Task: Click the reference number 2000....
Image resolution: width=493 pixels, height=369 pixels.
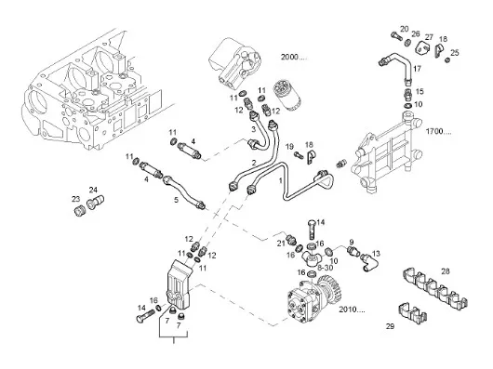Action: (293, 57)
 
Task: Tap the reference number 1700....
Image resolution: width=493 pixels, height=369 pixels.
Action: (439, 131)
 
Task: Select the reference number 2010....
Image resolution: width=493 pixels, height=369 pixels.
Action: (352, 310)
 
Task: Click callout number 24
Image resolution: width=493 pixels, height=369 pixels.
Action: (93, 190)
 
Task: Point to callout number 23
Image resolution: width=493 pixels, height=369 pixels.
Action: (75, 199)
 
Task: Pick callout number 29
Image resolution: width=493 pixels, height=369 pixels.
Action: (390, 326)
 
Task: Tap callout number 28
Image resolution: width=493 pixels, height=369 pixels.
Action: (446, 271)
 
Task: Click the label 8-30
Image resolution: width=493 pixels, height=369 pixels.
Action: (326, 268)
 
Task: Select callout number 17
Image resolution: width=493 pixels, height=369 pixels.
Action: (417, 69)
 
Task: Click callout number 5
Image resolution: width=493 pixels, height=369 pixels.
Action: (176, 200)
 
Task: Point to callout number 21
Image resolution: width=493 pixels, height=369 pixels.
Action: (281, 244)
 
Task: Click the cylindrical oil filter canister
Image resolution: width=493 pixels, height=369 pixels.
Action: (286, 95)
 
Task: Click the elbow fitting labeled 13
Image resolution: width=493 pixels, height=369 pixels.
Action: (368, 262)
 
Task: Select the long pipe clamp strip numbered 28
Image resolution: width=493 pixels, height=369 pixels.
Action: (434, 288)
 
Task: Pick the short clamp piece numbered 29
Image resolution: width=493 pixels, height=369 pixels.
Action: (412, 313)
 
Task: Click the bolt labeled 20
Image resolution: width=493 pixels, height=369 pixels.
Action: (396, 36)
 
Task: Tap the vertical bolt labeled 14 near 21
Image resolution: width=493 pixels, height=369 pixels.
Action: (311, 230)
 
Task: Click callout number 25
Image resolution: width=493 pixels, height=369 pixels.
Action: (455, 52)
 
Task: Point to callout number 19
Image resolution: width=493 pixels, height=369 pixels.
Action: (289, 146)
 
